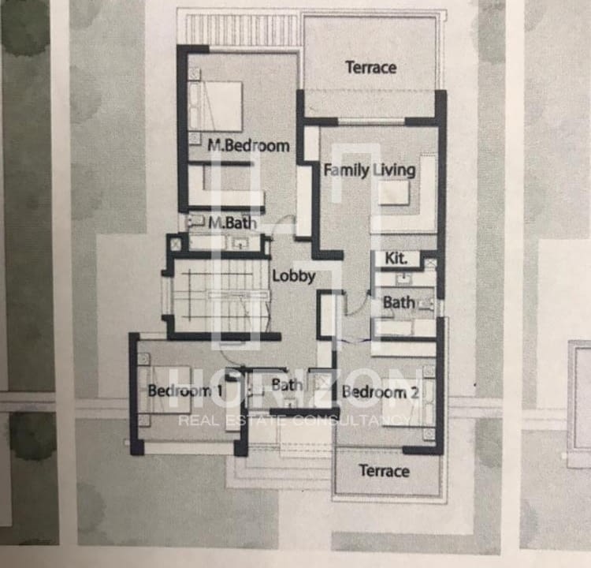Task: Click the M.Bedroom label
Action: coord(248,146)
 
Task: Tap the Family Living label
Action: coord(370,170)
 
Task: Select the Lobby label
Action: coord(293,276)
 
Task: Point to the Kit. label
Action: coord(396,259)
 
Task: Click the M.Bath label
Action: coord(232,223)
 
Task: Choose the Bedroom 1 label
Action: coord(185,390)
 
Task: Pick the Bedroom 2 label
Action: coord(381,393)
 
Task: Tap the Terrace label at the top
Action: coord(370,68)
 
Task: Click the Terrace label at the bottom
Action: coord(384,471)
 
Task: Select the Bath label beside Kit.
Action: coord(399,302)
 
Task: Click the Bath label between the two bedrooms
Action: coord(287,385)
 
